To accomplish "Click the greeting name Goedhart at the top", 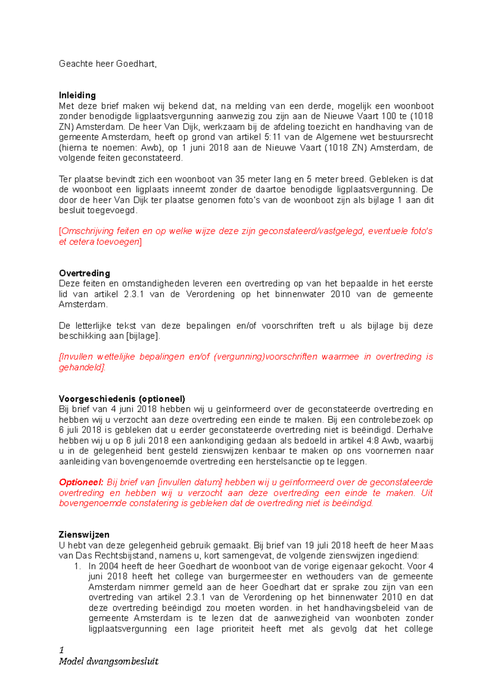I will pos(136,64).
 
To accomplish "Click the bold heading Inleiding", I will pos(77,95).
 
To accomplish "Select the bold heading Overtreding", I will pos(84,273).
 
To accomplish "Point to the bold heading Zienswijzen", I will pos(84,535).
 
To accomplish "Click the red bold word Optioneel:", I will pos(81,482).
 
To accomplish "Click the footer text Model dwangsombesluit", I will pos(109,661).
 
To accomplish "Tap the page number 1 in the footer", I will pos(61,650).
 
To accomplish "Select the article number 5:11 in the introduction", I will pos(272,137).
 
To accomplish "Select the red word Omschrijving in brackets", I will pos(87,231).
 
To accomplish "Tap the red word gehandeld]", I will pos(82,367).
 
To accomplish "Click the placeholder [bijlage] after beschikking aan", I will pos(143,336).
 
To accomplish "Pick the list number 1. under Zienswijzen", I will pos(77,566).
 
